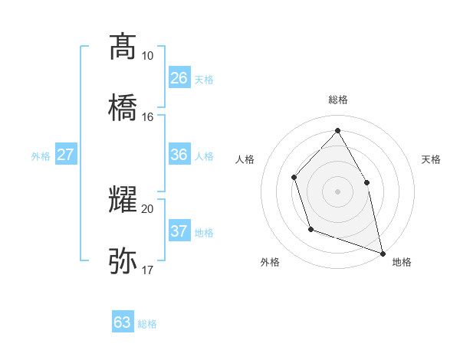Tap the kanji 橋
123,107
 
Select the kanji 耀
123,200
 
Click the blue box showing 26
179,78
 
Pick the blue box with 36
179,155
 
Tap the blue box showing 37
179,231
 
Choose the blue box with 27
65,155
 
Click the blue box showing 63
123,322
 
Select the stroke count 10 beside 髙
147,56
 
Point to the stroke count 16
147,117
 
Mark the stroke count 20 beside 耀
147,209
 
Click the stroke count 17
147,270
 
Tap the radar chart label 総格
337,100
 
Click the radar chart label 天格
431,159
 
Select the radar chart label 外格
270,263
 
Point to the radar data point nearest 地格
382,252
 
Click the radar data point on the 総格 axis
337,130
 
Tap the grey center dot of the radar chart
337,191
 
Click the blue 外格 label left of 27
41,156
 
